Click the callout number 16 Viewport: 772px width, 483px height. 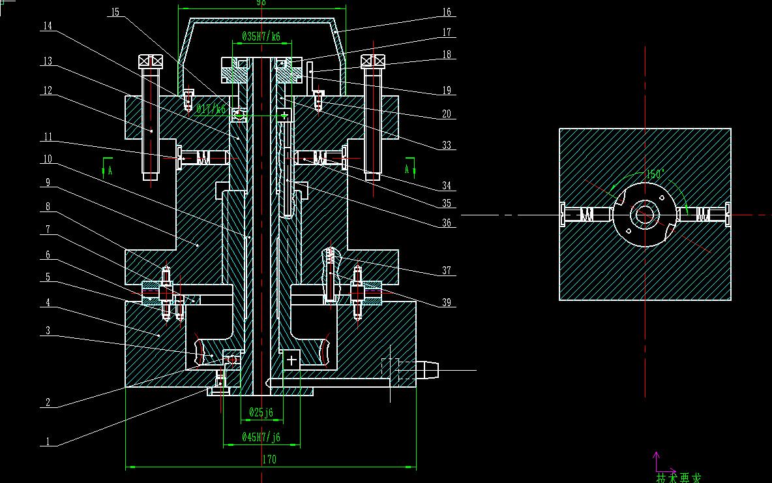[x=447, y=12]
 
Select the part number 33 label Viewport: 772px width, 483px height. [x=447, y=146]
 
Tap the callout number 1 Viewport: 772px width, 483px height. [x=48, y=442]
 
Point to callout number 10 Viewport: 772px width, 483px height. [x=48, y=159]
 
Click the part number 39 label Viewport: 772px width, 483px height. [x=447, y=303]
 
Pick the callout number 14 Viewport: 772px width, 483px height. [x=48, y=25]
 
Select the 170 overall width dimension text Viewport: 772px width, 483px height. [x=269, y=460]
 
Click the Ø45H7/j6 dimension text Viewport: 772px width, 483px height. [x=261, y=437]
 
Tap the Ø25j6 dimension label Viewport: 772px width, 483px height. [x=261, y=412]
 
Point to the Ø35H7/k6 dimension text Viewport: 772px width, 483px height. [x=261, y=37]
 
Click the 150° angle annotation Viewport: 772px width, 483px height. [x=655, y=175]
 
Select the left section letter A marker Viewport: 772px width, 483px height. [x=110, y=170]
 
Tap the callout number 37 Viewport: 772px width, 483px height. [x=447, y=271]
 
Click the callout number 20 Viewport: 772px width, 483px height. [x=447, y=114]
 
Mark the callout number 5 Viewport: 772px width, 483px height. [x=48, y=277]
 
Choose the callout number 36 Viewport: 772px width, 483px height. [x=447, y=223]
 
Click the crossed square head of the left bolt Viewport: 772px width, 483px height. [x=151, y=61]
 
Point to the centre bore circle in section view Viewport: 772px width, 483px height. [x=646, y=214]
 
